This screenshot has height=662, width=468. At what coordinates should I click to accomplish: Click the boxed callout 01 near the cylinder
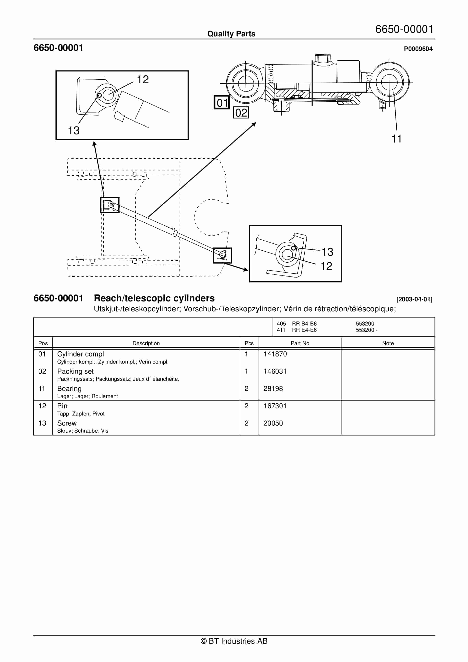222,102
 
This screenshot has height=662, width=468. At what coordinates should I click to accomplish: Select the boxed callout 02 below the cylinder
241,112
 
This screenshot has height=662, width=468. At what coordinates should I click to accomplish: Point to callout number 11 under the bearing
396,139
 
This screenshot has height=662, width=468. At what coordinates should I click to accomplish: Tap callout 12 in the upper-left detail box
143,80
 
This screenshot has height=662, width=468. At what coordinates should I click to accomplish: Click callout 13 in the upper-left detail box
74,131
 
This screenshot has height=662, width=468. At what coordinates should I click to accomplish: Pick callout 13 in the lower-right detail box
327,252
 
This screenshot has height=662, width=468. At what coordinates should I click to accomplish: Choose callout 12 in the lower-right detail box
326,266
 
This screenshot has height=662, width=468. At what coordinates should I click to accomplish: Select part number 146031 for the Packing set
275,371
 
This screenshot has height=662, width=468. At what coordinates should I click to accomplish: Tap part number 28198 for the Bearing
273,389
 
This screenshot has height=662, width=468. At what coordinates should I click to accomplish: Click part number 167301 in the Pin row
275,406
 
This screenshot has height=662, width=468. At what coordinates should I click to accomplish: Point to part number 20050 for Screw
273,423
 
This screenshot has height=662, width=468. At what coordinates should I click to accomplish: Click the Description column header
146,343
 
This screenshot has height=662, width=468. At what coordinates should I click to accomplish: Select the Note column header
388,343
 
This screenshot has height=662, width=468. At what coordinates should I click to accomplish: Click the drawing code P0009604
418,49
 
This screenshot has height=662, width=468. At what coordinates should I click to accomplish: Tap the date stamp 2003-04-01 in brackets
414,299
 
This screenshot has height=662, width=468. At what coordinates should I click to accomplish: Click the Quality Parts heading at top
231,34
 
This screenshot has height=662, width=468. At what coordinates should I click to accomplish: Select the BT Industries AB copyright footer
234,641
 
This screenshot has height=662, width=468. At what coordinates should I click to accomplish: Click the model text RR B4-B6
304,324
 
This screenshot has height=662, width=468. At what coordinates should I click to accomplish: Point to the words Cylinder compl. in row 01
81,354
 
